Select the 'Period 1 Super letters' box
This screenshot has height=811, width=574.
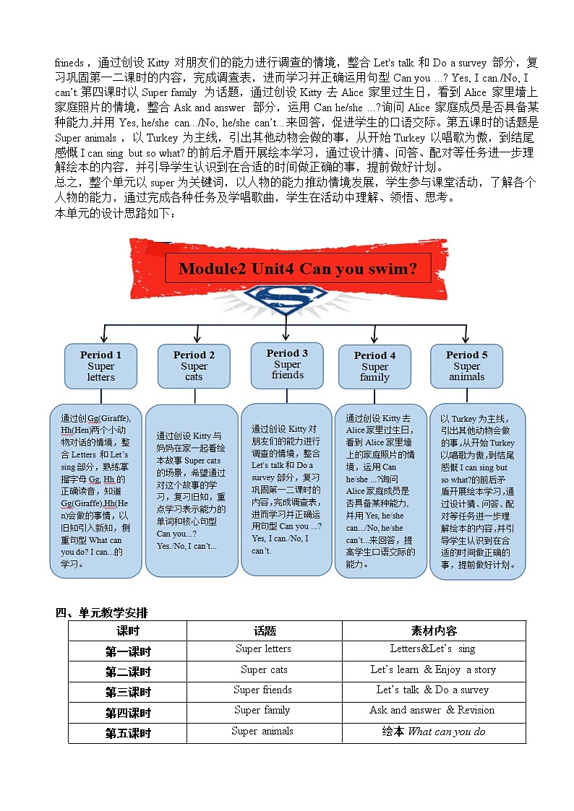100,365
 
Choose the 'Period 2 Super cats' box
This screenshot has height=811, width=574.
194,365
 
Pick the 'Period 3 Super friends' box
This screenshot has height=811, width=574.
287,363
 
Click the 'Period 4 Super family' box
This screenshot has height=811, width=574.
374,365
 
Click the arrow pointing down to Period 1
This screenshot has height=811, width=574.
106,335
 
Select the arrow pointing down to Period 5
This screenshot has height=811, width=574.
466,335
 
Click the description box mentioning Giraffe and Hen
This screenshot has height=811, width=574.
95,491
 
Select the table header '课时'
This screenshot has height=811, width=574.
128,630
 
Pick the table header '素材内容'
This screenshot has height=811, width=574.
434,630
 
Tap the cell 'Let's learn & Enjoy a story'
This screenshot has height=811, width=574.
433,669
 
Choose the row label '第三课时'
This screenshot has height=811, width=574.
128,691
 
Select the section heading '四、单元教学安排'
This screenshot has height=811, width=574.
101,613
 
